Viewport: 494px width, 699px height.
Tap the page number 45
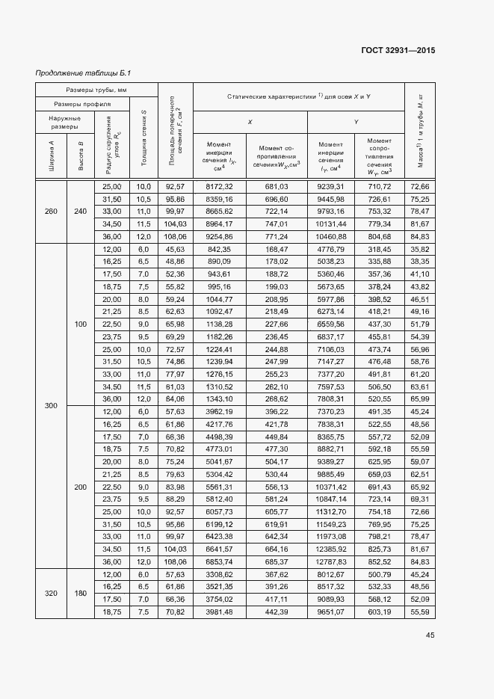point(430,635)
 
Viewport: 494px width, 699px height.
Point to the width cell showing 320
point(51,593)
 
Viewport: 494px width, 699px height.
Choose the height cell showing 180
point(80,593)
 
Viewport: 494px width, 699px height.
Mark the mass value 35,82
point(419,249)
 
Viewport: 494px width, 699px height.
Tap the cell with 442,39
point(277,612)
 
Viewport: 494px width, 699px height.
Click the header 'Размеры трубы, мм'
point(97,90)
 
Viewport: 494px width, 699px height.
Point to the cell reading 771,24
point(277,236)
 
